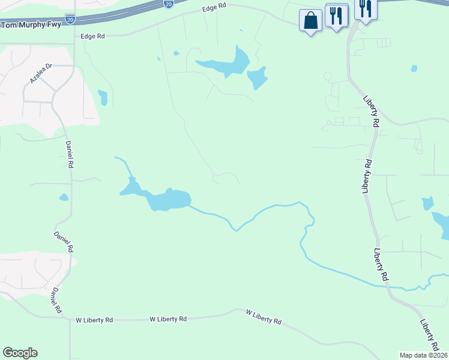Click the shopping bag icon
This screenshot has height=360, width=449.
coord(310,21)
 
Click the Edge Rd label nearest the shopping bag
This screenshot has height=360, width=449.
coord(215,8)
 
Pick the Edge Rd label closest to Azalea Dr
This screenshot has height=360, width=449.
coord(92,36)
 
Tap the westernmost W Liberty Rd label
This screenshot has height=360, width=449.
coord(94,320)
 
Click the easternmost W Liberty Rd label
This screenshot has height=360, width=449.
coord(264,317)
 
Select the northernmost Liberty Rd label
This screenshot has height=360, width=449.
coord(372,111)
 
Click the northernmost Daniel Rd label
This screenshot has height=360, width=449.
coord(70,154)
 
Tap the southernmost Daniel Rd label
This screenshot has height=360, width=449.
coord(56,301)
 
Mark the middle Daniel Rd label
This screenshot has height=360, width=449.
coord(64,242)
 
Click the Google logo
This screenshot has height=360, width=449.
coord(20,353)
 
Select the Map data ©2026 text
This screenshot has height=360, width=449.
coord(423,355)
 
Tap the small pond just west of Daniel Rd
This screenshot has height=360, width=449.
coord(64,197)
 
